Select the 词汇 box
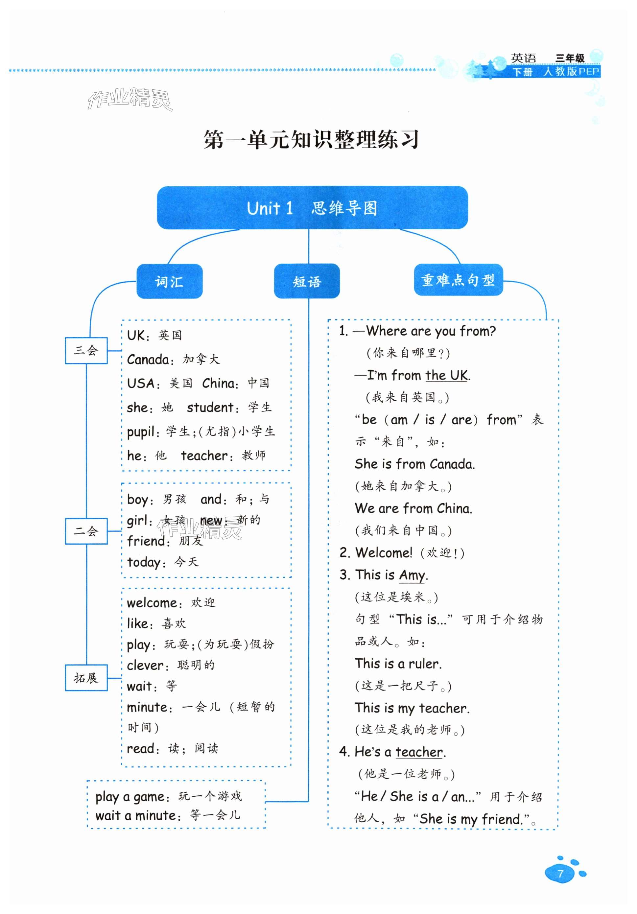coord(169,281)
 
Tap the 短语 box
coord(307,281)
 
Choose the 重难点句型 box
coord(458,280)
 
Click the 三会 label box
coord(86,350)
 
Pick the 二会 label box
coord(86,531)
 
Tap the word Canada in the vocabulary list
coord(148,360)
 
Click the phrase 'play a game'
coord(130,797)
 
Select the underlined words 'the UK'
coord(446,375)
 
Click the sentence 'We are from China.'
coord(413,508)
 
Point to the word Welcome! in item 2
coord(383,552)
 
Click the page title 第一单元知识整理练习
coord(311,139)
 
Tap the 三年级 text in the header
coord(570,58)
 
